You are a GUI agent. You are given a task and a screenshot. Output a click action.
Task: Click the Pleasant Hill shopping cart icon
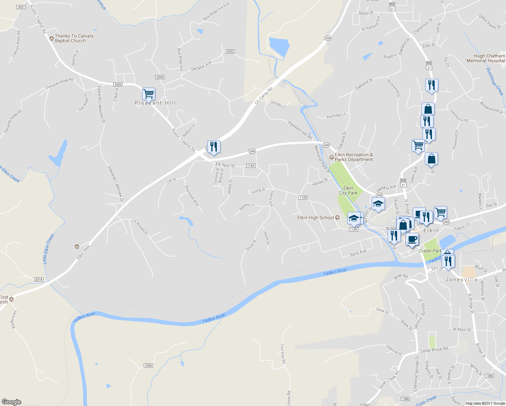tap(148, 94)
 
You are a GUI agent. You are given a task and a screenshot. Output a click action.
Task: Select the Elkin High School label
tap(316, 218)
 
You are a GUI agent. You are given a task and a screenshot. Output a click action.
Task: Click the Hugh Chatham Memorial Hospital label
tap(486, 58)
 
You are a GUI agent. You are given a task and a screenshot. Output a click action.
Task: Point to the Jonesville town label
tap(462, 279)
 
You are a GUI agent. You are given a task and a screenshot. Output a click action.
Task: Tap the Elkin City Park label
tap(348, 190)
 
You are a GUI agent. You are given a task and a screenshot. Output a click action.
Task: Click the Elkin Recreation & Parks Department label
tap(353, 157)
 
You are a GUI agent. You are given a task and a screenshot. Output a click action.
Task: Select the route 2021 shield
tap(21, 7)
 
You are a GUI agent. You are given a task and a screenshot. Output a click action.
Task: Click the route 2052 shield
tap(230, 51)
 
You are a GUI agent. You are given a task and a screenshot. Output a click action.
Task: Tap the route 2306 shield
tap(148, 365)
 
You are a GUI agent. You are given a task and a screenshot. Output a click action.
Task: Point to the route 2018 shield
tap(39, 279)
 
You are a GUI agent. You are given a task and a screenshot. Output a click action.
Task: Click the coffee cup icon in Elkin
tap(412, 239)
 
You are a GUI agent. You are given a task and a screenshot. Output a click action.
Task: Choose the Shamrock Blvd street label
tap(192, 196)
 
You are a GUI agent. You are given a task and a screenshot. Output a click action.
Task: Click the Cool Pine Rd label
tap(283, 354)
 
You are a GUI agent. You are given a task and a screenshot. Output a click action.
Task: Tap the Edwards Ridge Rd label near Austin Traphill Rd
tap(60, 84)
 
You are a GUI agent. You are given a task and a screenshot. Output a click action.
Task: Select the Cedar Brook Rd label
tap(434, 349)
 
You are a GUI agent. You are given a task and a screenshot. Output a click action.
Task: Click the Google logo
tap(11, 402)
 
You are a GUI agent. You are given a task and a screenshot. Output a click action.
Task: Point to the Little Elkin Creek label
tap(48, 249)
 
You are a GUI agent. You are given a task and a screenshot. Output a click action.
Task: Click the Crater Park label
tap(430, 251)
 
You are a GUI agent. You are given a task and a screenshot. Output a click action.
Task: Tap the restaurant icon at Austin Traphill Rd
tap(213, 147)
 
